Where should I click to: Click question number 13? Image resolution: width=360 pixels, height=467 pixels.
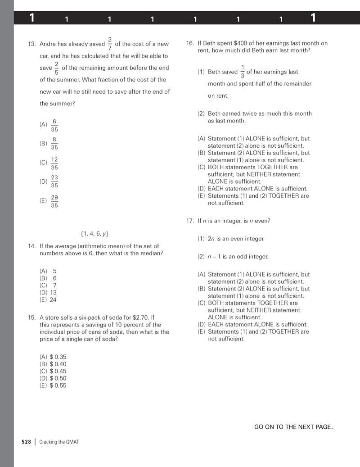31,44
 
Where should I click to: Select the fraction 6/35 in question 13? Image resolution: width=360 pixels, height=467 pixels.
54,125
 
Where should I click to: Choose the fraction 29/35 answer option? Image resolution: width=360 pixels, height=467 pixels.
54,201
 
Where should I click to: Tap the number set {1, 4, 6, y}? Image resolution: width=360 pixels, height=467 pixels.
94,234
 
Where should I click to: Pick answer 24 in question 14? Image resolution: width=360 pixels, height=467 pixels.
53,300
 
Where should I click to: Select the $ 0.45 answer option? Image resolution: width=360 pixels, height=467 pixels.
58,371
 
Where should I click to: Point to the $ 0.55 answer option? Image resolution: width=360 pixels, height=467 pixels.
58,385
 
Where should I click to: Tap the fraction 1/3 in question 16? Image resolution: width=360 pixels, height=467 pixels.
243,72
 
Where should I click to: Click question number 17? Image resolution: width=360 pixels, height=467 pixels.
189,221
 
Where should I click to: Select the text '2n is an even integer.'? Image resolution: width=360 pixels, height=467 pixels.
236,239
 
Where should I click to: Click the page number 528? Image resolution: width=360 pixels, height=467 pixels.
26,442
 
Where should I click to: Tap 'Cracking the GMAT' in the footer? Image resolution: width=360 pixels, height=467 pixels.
59,442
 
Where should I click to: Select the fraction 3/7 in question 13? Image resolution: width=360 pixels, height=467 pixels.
110,44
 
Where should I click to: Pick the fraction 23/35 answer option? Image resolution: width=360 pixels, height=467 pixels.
54,181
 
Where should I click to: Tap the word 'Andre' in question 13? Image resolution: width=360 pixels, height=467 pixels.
48,44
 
